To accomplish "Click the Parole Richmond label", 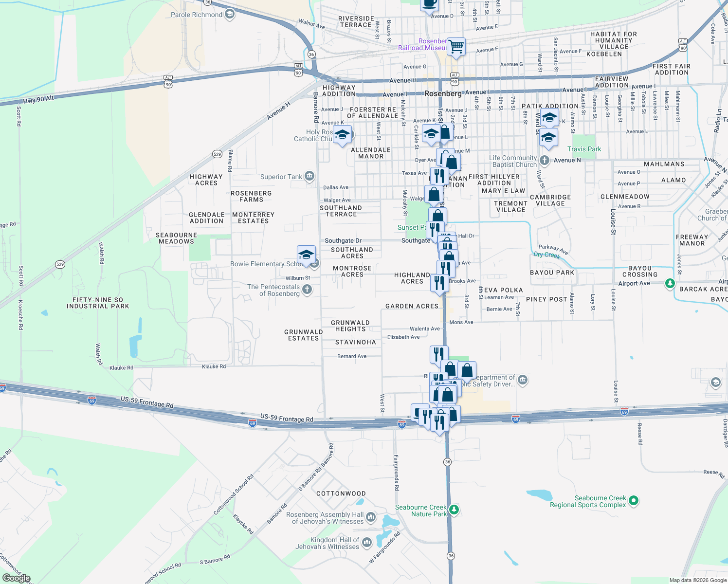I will tap(197, 15).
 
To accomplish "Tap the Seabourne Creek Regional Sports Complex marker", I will tap(633, 500).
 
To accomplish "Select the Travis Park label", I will tap(584, 149).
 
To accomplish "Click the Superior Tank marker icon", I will tap(309, 176).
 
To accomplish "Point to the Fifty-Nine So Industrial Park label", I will tap(98, 303).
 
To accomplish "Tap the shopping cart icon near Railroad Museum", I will tap(456, 47).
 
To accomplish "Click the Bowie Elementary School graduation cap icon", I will tap(306, 255).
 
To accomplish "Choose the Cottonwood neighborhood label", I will tap(341, 493).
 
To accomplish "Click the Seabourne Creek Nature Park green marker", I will tap(454, 510).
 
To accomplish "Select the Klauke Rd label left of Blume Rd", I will tap(121, 368).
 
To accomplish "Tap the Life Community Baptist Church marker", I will tap(544, 160).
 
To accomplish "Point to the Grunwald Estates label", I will tap(303, 335).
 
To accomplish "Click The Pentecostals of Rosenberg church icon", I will tap(307, 290).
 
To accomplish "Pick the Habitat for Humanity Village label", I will tap(613, 40).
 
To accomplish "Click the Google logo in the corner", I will tap(16, 578).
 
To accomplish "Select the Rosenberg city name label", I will tap(443, 93).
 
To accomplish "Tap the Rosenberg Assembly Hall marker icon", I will tap(370, 517).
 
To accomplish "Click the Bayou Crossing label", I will tap(639, 271).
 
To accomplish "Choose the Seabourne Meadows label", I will tap(176, 238).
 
